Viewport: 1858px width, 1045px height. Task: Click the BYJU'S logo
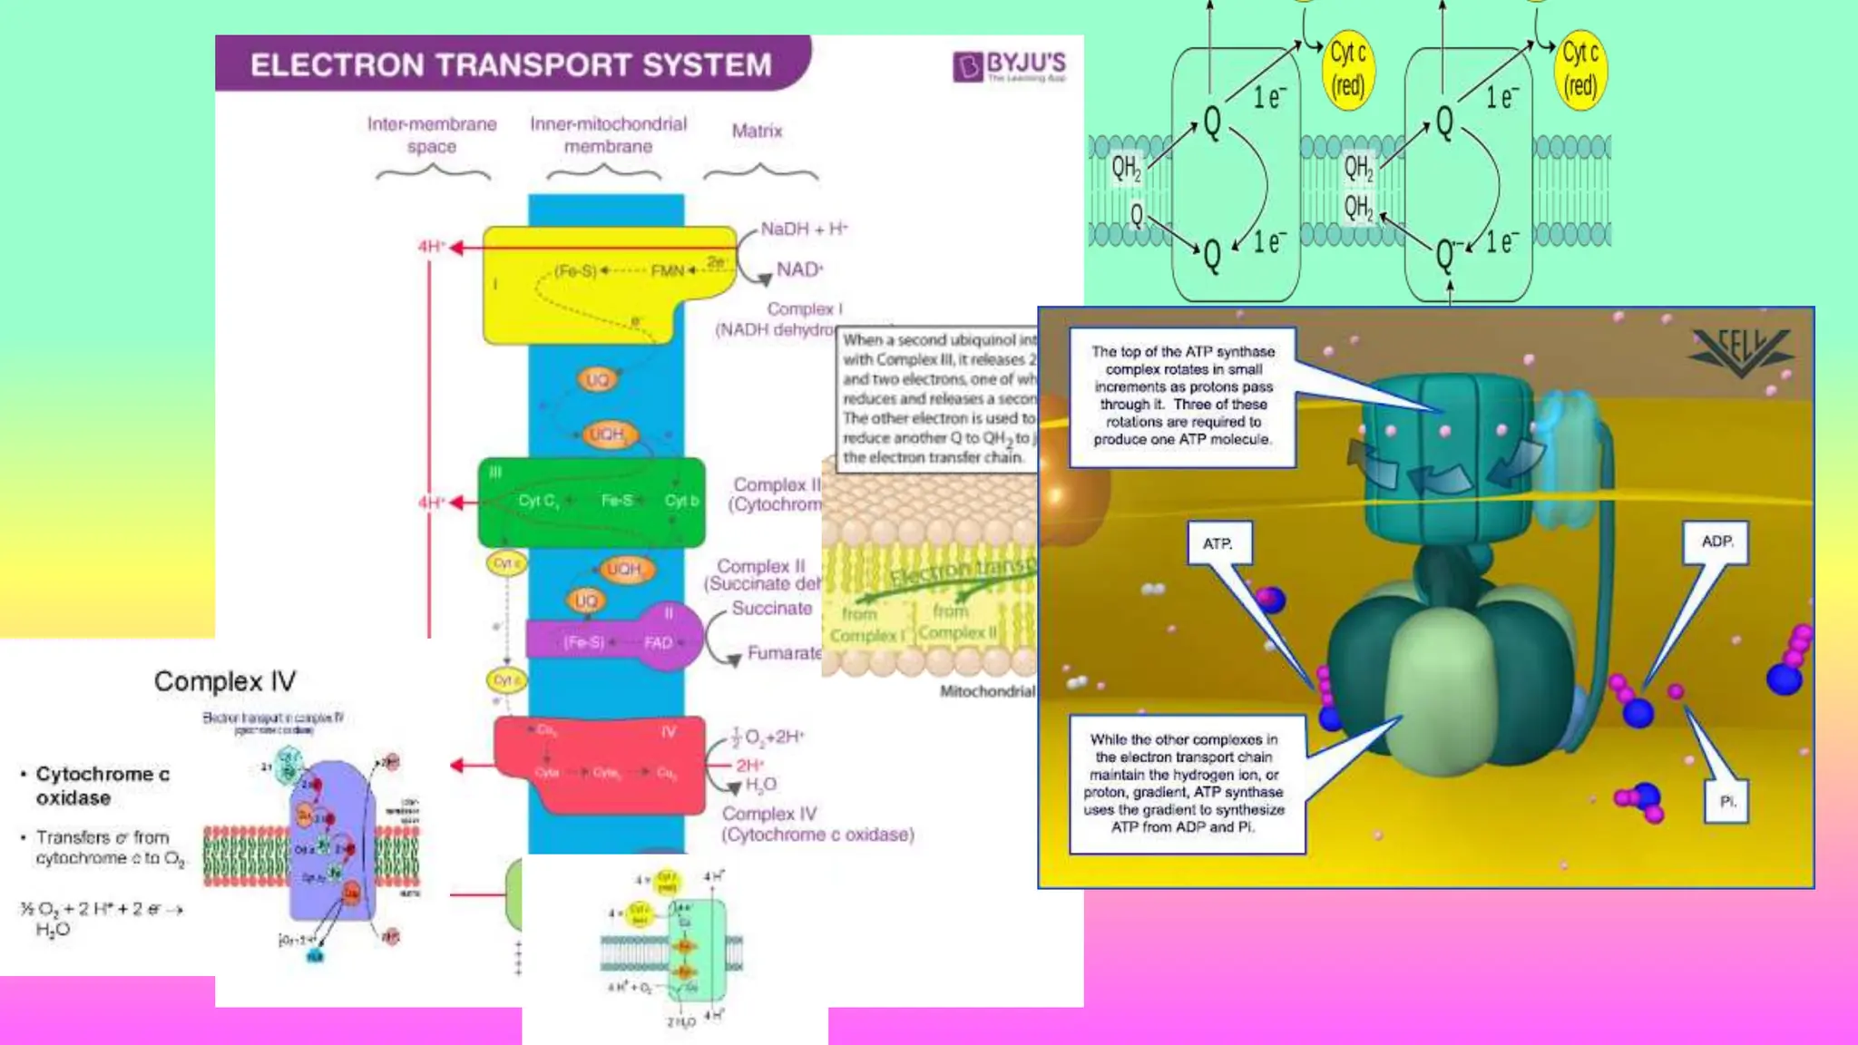(1009, 65)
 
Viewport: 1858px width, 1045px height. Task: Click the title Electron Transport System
(511, 64)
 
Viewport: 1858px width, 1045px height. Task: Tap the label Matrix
(757, 131)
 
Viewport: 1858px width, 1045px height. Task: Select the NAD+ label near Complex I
(799, 269)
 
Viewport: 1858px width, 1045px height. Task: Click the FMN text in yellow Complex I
(667, 270)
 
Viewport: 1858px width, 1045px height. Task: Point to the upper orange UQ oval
(597, 379)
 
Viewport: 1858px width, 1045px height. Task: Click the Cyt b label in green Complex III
(681, 501)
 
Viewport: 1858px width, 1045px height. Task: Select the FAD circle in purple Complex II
(660, 642)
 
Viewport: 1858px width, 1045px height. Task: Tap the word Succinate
(771, 609)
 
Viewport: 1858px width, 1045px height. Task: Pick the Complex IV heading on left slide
(224, 681)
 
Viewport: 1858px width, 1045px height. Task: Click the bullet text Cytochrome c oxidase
(102, 786)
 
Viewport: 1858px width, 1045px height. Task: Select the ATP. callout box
(1218, 543)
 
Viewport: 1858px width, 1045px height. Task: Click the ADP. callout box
(1716, 542)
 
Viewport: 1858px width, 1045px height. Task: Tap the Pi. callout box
(1727, 802)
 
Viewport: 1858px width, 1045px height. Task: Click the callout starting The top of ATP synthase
(1182, 396)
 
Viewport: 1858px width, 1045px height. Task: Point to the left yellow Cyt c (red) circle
(1347, 70)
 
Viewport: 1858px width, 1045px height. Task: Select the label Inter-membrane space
(432, 135)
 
